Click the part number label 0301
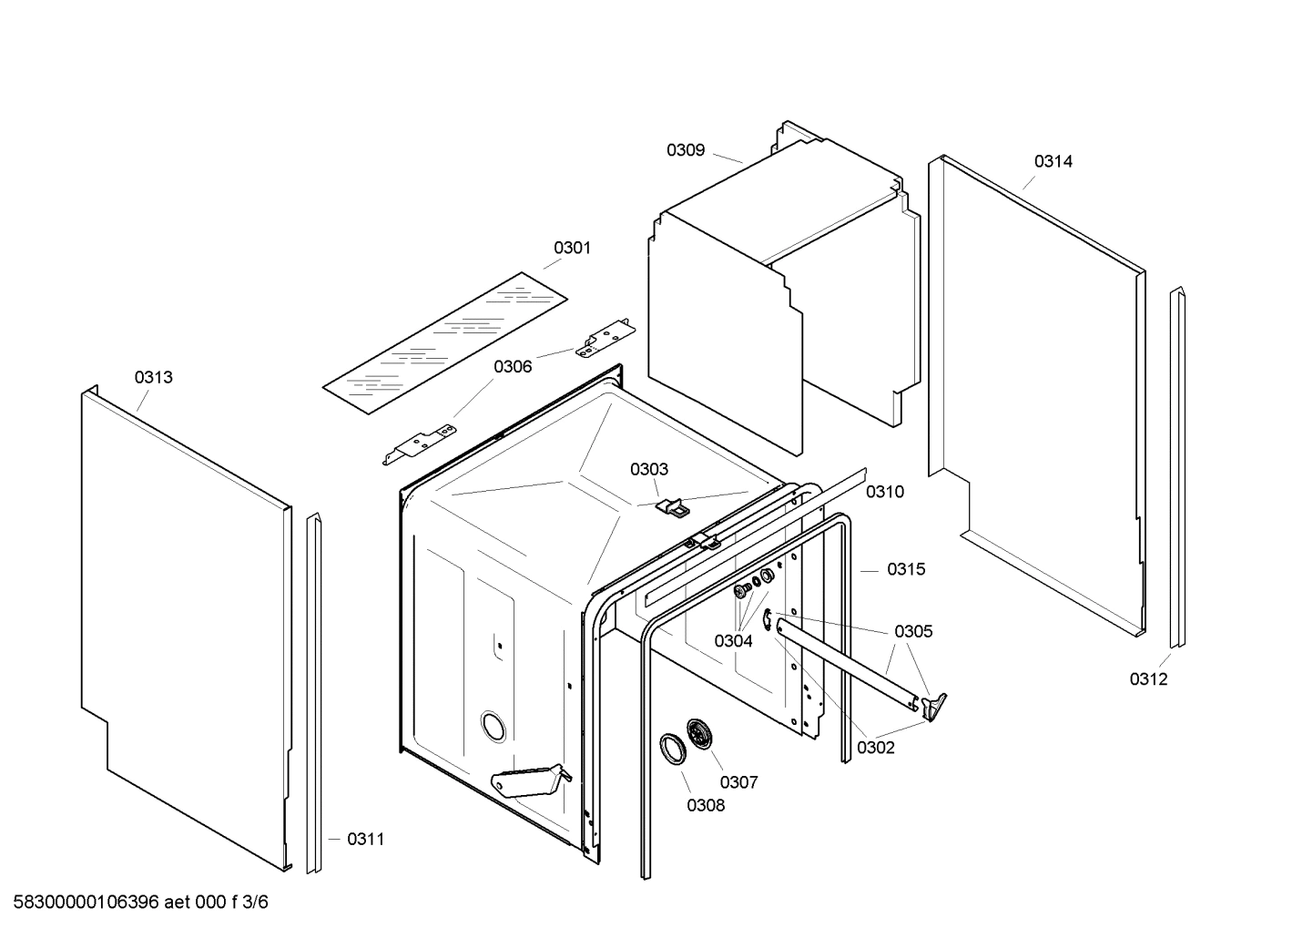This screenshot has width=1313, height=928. click(x=572, y=248)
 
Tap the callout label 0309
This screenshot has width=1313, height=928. click(x=685, y=150)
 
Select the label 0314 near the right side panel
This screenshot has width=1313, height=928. click(x=1053, y=161)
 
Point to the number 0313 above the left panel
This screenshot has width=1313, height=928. click(x=154, y=377)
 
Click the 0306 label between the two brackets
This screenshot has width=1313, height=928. click(x=513, y=366)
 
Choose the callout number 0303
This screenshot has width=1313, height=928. click(x=648, y=469)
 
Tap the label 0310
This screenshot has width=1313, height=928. click(x=884, y=492)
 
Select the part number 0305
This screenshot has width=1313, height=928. click(x=913, y=631)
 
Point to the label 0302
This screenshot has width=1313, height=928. click(x=875, y=748)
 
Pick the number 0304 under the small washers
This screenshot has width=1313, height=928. click(x=733, y=641)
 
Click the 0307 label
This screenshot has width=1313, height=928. click(x=738, y=781)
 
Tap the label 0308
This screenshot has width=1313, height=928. click(x=706, y=805)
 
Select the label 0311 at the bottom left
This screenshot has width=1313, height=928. click(x=365, y=839)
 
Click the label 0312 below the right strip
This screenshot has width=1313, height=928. click(x=1148, y=678)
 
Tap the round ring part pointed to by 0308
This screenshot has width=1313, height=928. click(x=674, y=747)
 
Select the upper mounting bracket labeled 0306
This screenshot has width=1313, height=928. click(x=603, y=338)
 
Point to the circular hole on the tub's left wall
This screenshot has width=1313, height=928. click(x=493, y=726)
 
